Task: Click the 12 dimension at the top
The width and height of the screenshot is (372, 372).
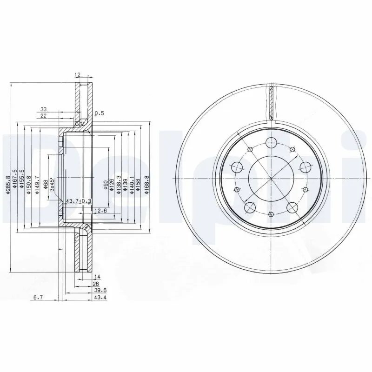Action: point(77,74)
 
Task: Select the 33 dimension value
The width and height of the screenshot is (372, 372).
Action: point(43,110)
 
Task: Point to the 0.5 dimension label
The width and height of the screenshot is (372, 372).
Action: point(99,113)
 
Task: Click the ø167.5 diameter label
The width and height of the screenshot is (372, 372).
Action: point(15,179)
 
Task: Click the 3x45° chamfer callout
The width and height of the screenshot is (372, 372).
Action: point(53,185)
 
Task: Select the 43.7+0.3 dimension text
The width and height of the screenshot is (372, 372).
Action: point(80,201)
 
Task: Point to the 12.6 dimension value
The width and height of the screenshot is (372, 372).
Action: point(101,211)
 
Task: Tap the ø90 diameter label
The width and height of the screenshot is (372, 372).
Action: point(106,185)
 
